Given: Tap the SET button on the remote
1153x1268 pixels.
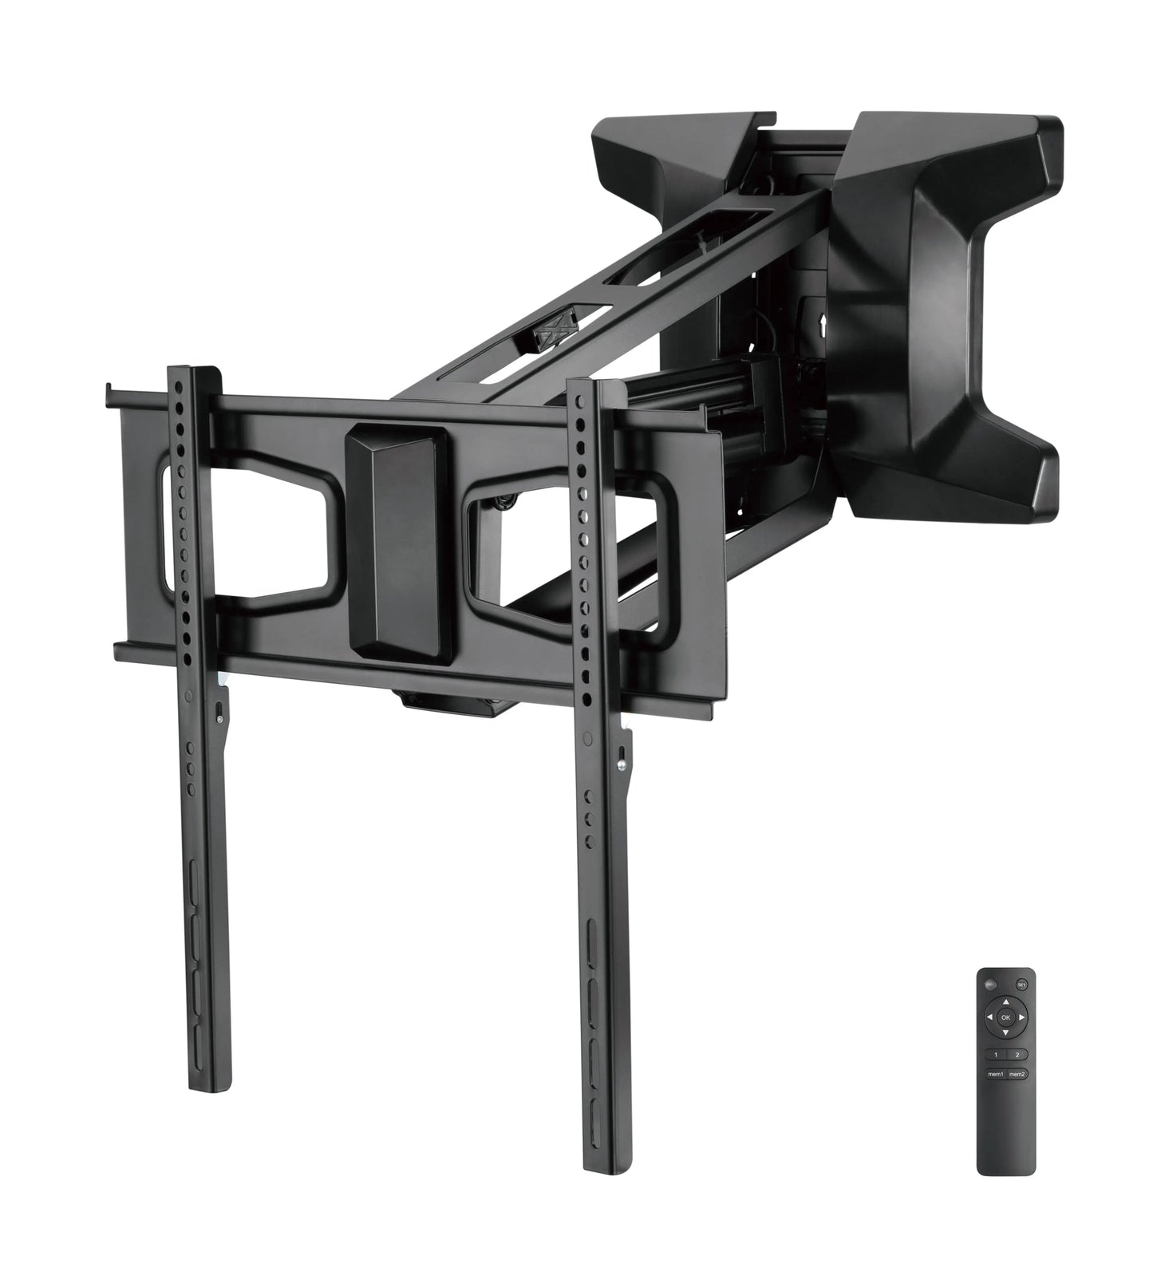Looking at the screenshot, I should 1021,984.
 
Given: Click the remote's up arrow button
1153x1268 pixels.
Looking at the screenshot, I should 1005,1003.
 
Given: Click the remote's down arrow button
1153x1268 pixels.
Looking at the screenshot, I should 1005,1032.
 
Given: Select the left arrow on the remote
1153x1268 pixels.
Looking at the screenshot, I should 990,1017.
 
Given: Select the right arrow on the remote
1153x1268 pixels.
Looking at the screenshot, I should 1021,1017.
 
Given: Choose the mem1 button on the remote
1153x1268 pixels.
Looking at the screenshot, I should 996,1073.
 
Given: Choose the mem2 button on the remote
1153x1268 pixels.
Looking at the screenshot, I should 1017,1073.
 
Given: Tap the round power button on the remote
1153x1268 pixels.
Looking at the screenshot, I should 990,984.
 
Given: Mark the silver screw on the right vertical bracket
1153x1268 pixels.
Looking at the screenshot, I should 621,761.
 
